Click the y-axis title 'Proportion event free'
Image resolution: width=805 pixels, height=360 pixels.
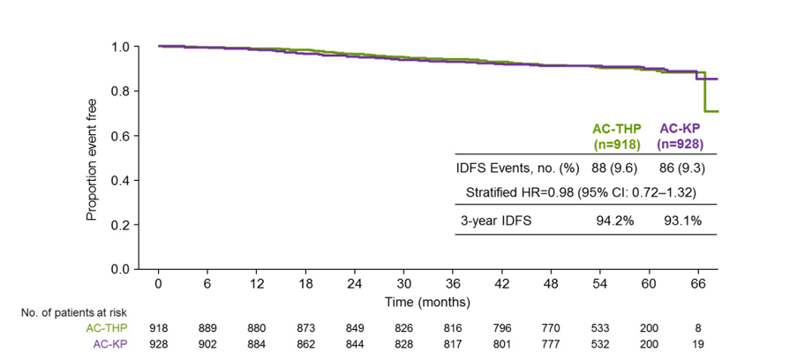point(91,160)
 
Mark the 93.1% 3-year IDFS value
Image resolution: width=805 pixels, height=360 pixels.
point(683,221)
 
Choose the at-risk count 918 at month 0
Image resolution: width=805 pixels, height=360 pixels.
point(157,327)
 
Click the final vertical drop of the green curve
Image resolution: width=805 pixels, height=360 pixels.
point(704,93)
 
